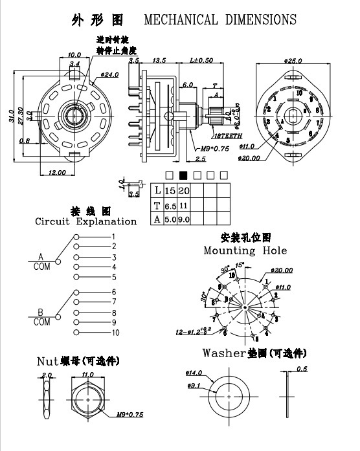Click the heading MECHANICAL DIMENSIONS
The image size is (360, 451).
point(220,20)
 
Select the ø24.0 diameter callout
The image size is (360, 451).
point(109,76)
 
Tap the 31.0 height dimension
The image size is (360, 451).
point(11,115)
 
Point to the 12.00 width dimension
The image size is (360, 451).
point(57,172)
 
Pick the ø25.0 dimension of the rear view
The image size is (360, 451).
point(294,60)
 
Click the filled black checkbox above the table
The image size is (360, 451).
point(183,175)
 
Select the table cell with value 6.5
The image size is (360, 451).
point(170,205)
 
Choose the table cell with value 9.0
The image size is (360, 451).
point(184,219)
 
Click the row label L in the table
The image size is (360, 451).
point(157,190)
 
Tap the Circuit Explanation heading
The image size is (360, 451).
point(86,221)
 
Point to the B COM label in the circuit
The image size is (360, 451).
point(41,316)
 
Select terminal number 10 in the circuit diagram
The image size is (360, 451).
point(115,333)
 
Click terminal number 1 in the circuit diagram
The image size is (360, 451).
point(113,237)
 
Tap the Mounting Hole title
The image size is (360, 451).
point(245,250)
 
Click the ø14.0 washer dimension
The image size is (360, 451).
point(195,374)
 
